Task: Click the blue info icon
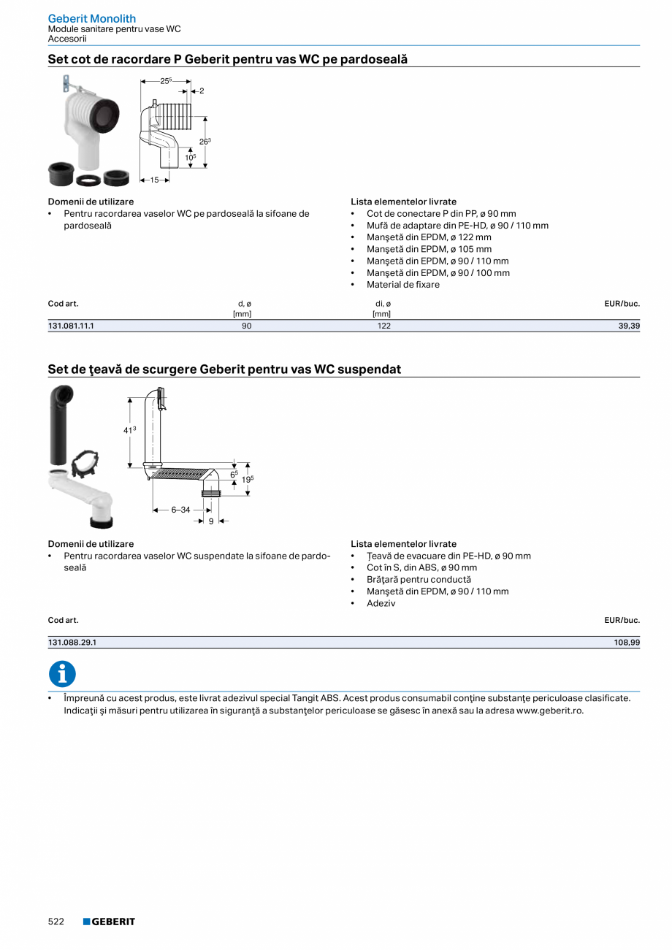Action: pos(62,674)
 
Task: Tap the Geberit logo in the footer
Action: pos(109,922)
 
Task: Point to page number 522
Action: pos(56,922)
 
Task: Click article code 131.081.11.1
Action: pos(71,326)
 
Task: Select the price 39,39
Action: pos(628,326)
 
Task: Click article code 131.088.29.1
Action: pos(72,643)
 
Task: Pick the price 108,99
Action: pos(626,643)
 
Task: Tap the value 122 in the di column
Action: pos(383,326)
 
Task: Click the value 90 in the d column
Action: pos(246,326)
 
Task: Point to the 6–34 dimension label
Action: pos(180,510)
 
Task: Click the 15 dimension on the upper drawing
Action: pos(154,180)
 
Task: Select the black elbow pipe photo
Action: pos(61,424)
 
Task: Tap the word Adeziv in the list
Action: pos(381,603)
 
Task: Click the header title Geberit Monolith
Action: pos(92,18)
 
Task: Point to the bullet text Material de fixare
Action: pos(403,285)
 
